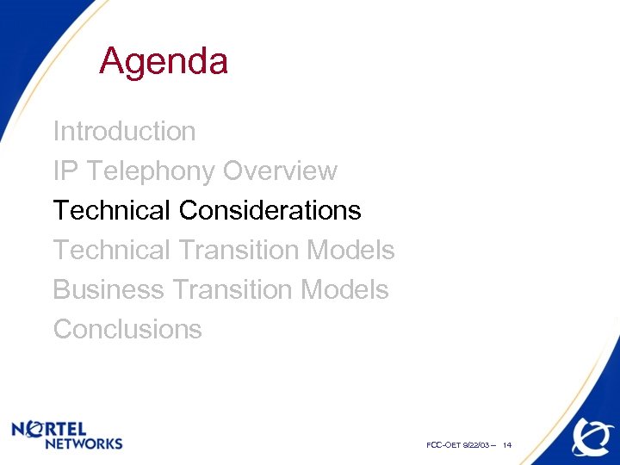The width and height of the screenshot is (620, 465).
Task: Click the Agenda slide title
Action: click(164, 62)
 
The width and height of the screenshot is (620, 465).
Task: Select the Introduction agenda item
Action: click(124, 132)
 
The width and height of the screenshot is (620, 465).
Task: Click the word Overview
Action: click(280, 171)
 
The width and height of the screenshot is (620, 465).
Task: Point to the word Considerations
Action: click(270, 210)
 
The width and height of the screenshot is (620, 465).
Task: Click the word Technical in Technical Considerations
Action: click(112, 210)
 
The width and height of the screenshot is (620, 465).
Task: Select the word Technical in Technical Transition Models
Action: click(112, 251)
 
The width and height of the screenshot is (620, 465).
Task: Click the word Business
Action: click(108, 290)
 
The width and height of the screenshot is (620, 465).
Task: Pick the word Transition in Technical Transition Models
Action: click(239, 251)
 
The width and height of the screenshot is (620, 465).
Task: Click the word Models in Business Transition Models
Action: click(344, 290)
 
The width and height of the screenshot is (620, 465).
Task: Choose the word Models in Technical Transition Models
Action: click(350, 251)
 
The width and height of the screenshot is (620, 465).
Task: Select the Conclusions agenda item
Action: click(127, 330)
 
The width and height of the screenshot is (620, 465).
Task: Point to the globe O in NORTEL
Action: click(36, 428)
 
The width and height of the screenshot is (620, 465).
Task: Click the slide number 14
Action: click(507, 445)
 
